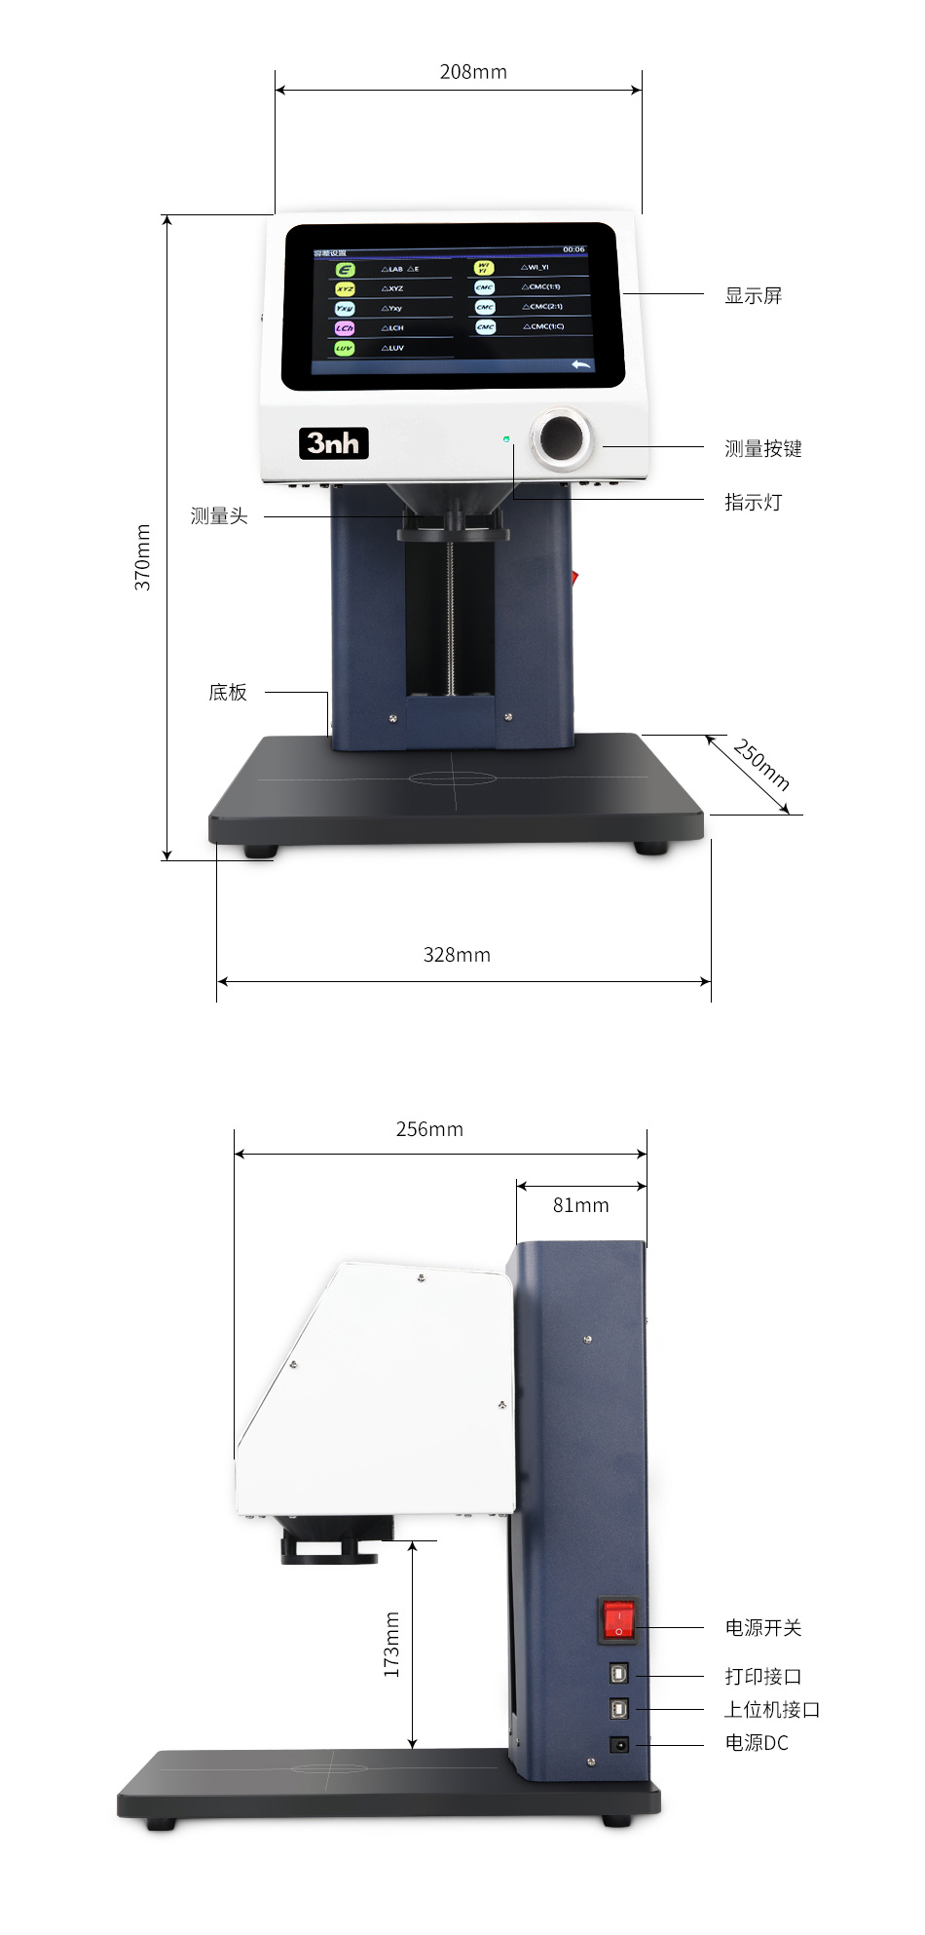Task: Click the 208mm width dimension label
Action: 473,72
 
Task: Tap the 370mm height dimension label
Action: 143,556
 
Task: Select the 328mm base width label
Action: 457,955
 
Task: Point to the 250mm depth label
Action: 760,765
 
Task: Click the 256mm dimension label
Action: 429,1129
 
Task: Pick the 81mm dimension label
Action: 581,1205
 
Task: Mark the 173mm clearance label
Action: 391,1644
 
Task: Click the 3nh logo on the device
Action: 333,443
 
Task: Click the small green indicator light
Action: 506,439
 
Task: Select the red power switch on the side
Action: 617,1619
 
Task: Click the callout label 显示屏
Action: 753,296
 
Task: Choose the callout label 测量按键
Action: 762,449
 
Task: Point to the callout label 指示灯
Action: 753,503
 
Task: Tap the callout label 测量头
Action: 219,516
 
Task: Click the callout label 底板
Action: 228,693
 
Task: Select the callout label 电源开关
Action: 762,1627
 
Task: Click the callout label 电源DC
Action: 757,1742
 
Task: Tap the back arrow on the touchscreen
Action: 581,364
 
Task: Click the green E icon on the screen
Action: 345,270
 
